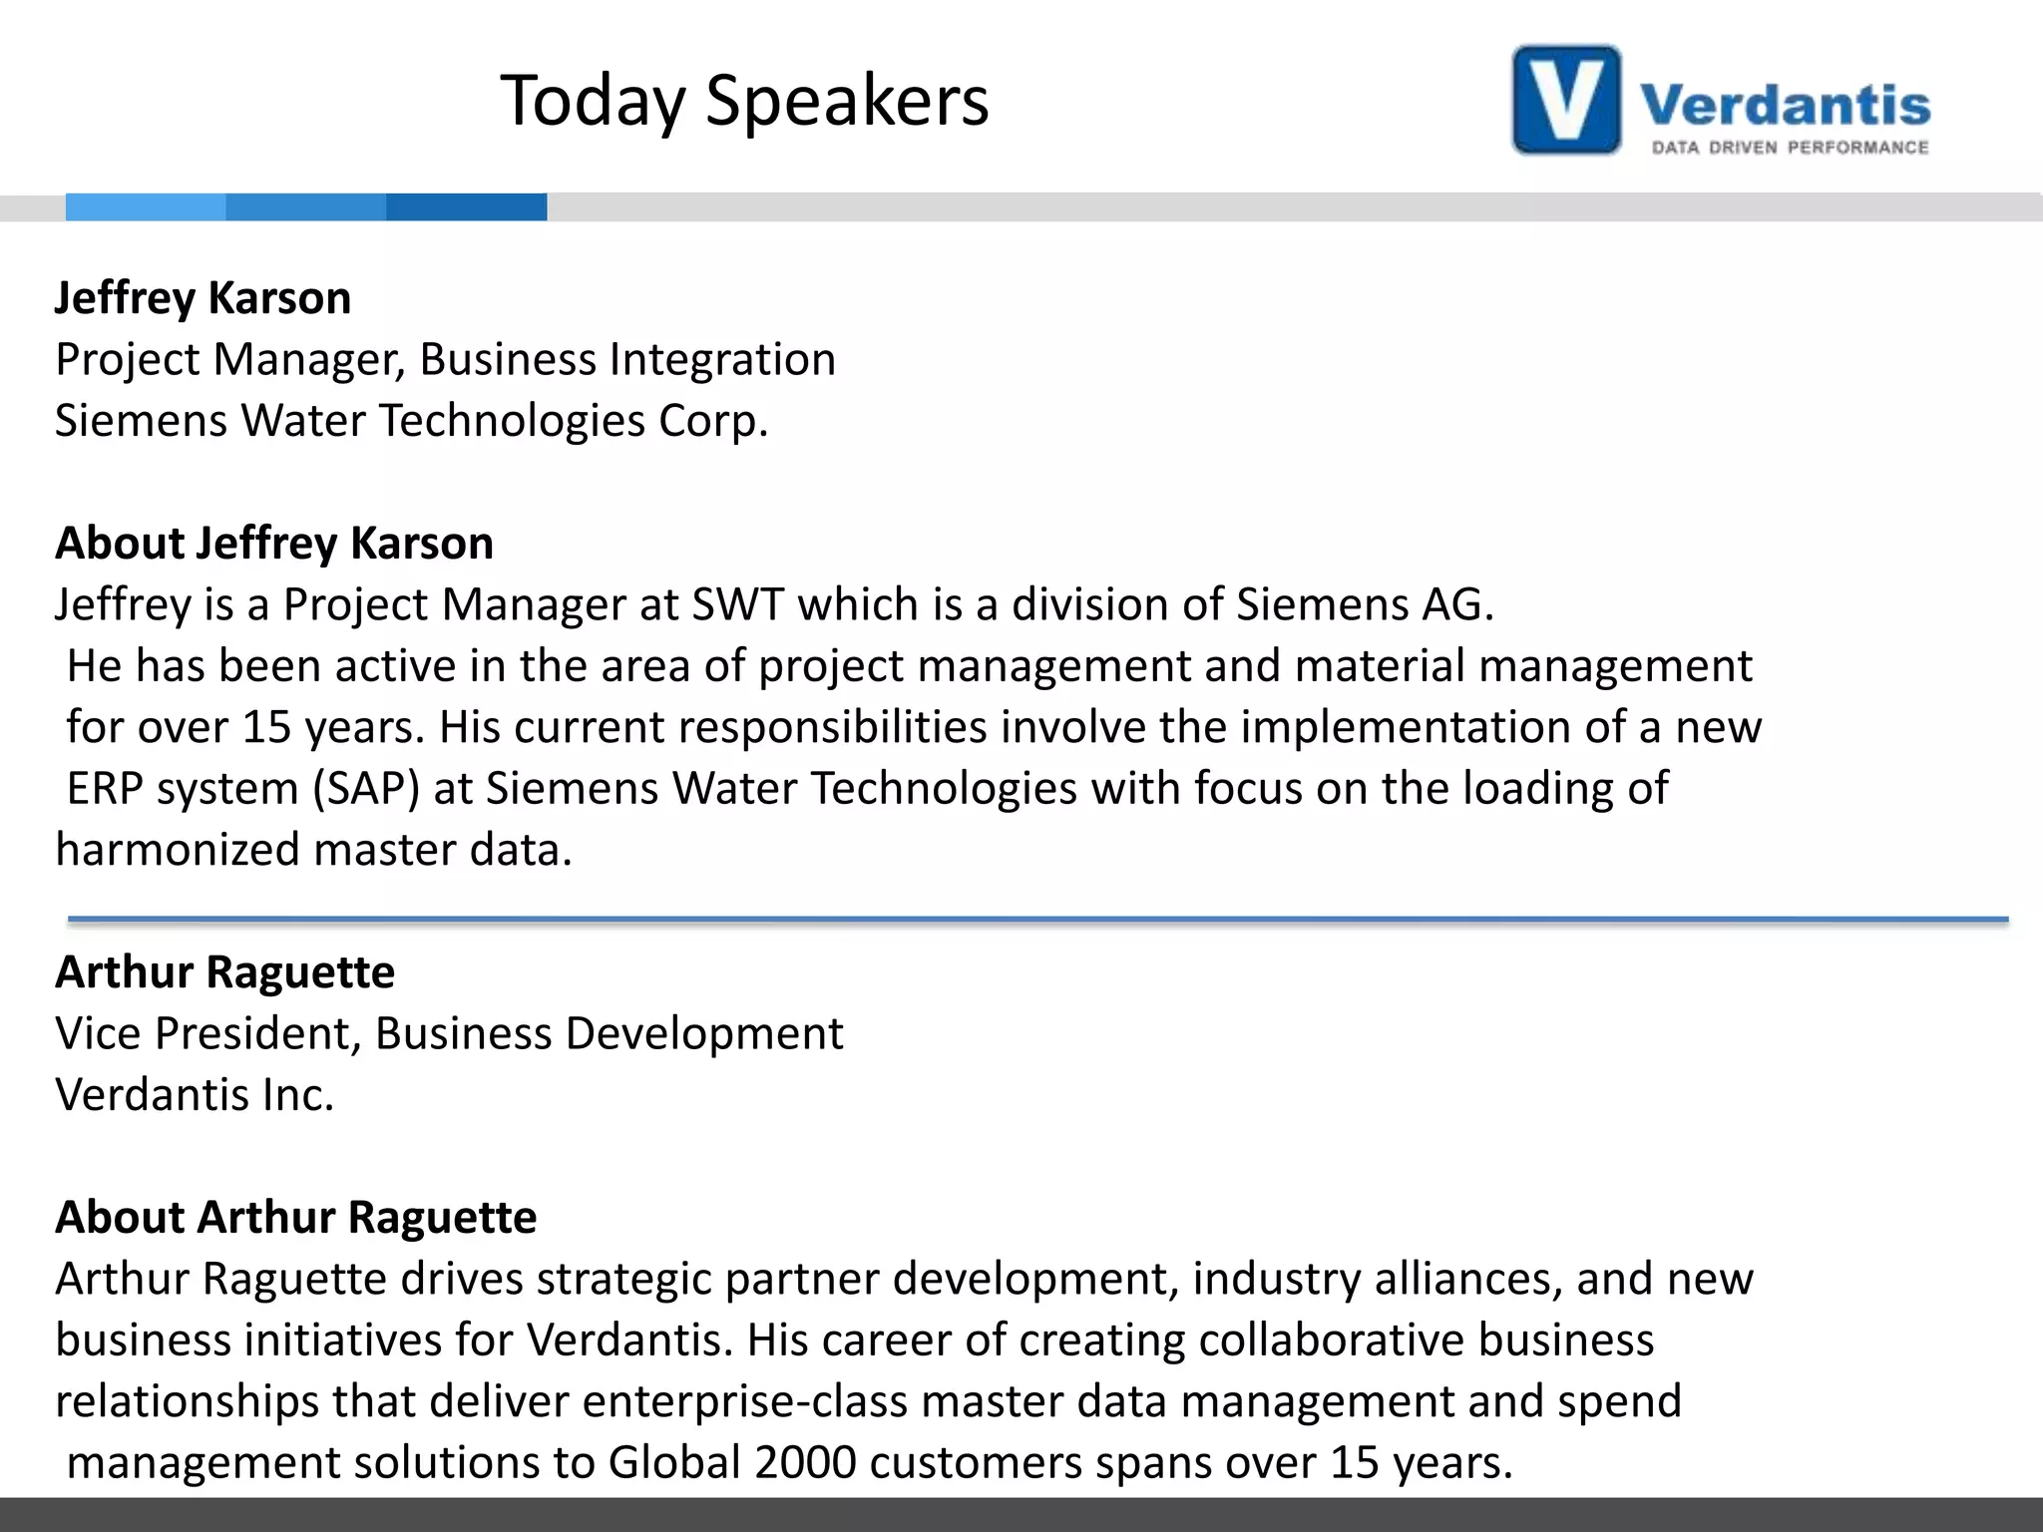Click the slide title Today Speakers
[744, 101]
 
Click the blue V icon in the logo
[1566, 100]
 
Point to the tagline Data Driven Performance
[1790, 148]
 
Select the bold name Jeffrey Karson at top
[203, 298]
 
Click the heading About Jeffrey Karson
[274, 544]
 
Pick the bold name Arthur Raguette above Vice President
[224, 972]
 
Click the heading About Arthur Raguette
[295, 1218]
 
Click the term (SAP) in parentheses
[366, 789]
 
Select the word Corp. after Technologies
[713, 421]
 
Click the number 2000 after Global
[805, 1463]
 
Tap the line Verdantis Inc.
[195, 1095]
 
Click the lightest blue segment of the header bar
[146, 206]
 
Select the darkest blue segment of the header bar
[466, 206]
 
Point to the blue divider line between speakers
[1037, 919]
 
